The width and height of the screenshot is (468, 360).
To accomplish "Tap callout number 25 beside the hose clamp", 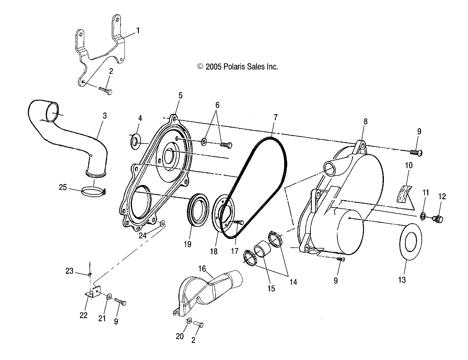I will click(x=63, y=187).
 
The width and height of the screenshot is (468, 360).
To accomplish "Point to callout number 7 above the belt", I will click(x=275, y=117).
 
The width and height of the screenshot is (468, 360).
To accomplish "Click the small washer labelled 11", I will click(x=423, y=215).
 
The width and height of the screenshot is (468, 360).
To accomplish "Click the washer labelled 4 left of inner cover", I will click(x=135, y=141).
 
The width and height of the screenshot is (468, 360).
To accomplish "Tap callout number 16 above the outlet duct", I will click(x=202, y=268).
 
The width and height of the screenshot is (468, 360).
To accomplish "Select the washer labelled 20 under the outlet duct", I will click(x=189, y=321).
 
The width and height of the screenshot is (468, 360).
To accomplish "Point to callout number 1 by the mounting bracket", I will click(x=138, y=30).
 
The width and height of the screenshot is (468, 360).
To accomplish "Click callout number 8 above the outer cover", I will click(x=366, y=121).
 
